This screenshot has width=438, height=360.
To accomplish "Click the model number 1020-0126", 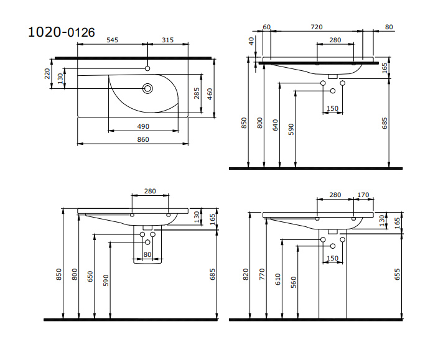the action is pos(62,32).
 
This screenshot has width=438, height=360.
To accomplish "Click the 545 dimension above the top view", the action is pos(112,40).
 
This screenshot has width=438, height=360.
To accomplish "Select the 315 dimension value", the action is pos(167,40).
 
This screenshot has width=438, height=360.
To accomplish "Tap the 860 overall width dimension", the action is pos(143,139).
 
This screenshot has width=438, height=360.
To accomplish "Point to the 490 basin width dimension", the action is pos(143,127).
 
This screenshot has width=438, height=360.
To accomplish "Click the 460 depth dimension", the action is pos(210,95).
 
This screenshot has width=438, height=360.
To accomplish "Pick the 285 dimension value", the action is pos(197,93).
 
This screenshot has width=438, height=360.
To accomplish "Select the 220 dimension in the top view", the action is pos(47,73).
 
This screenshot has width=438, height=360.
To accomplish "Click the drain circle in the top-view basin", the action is pos(147,89).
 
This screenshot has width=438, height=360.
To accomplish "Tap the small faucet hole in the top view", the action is pos(147,68).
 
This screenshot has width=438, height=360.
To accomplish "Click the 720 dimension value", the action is pos(317,27).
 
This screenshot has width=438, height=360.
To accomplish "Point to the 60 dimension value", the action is pos(267,27).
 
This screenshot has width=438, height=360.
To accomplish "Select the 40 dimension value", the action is pos(251,41).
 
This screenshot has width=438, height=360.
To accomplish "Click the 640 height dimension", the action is pos(276,125).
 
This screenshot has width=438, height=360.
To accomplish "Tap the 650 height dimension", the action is pos(90,276).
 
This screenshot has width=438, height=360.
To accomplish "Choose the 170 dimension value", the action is pos(363,195).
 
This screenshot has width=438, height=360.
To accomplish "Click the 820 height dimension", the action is pos(246,274).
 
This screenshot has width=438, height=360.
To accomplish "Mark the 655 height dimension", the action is pos(397,274).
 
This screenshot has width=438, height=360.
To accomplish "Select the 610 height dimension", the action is pos(277,279).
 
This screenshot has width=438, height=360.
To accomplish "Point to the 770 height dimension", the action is pos(262,274).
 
